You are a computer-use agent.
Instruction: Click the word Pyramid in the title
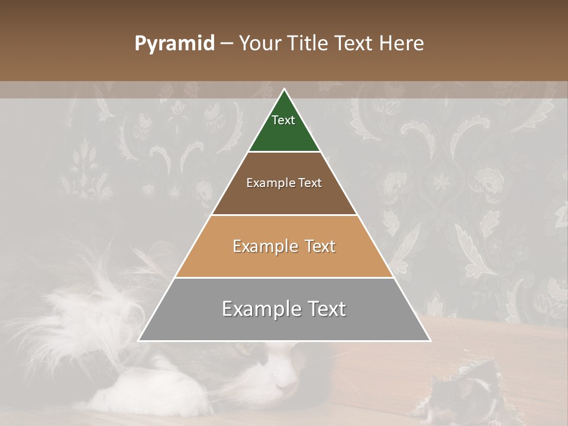[x=175, y=44]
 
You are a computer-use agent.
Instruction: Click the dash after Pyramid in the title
[x=227, y=44]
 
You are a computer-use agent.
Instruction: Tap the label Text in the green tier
[x=283, y=120]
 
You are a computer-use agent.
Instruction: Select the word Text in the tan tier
[x=317, y=246]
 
